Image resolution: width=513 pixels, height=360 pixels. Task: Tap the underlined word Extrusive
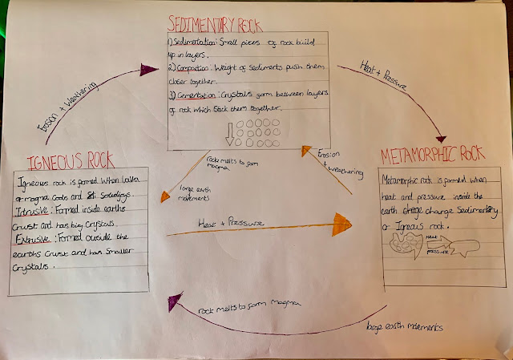pos(38,238)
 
